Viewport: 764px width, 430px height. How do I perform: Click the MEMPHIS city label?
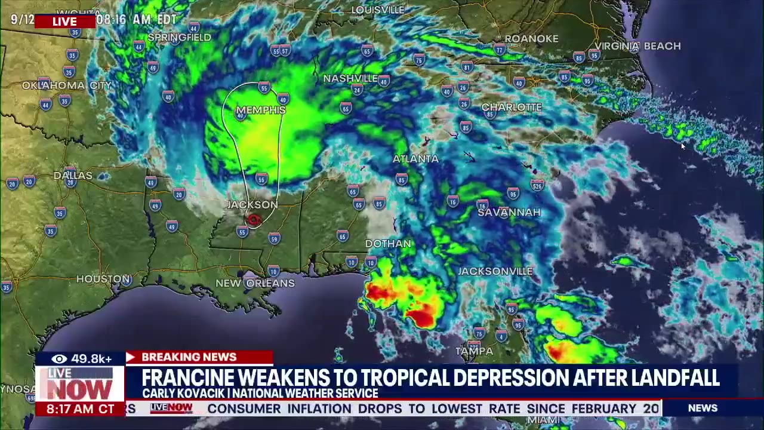[x=261, y=110]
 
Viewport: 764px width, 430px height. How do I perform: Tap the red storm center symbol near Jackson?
[x=254, y=220]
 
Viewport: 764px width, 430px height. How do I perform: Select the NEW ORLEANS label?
[x=255, y=283]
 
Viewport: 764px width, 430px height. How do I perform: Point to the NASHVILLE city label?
[x=350, y=79]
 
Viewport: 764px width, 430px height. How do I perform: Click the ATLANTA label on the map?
[x=415, y=159]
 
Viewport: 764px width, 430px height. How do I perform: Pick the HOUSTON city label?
[x=103, y=279]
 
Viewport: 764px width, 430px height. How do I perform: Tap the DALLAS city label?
[x=73, y=176]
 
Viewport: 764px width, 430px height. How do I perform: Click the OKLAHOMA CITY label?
[x=67, y=85]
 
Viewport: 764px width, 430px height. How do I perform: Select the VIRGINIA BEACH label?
[x=637, y=46]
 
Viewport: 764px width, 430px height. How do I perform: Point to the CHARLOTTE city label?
[x=512, y=107]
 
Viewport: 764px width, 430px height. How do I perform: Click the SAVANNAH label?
[x=509, y=212]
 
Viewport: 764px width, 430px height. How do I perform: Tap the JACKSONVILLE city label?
[x=495, y=271]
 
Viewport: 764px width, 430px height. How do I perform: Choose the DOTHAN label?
[x=388, y=244]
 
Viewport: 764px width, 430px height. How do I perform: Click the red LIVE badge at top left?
[x=64, y=21]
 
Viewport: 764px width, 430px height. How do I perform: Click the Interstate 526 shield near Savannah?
[x=537, y=185]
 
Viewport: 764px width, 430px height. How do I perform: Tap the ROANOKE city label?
[x=531, y=39]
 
